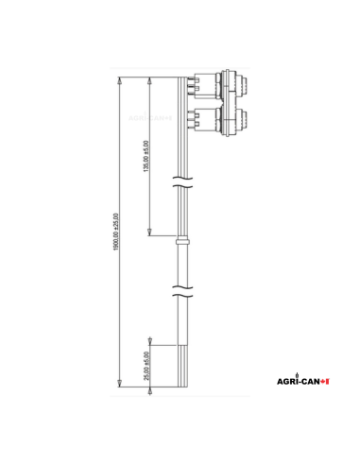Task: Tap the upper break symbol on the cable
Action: click(x=186, y=180)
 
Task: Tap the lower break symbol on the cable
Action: click(x=186, y=289)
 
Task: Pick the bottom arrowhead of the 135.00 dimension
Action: click(x=151, y=235)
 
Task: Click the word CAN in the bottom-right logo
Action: click(x=309, y=381)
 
